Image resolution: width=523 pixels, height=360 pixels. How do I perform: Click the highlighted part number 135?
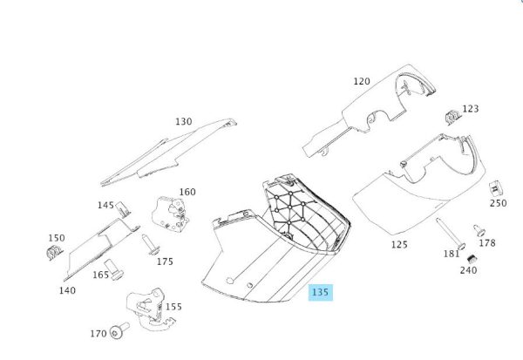point(320,292)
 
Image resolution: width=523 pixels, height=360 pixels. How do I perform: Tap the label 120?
point(362,81)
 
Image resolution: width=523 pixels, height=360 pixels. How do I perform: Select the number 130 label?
point(184,122)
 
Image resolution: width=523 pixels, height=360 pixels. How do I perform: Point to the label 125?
point(399,245)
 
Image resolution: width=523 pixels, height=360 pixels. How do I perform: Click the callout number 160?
point(187,192)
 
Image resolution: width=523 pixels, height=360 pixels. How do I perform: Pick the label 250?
point(499,203)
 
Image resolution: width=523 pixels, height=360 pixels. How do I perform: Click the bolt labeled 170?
point(119,330)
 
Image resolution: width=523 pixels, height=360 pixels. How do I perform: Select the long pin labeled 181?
point(449,234)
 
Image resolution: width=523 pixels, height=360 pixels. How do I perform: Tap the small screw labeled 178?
point(479,230)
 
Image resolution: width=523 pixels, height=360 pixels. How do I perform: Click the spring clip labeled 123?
point(453,117)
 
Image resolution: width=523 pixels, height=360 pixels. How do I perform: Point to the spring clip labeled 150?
point(54,252)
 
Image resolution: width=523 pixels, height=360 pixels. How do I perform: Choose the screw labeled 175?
point(151,245)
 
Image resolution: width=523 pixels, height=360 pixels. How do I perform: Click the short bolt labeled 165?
point(113,270)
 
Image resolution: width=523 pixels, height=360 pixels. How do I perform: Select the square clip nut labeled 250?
point(496,188)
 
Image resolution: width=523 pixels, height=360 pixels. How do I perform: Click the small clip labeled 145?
point(122,210)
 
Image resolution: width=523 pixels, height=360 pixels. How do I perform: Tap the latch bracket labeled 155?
point(150,310)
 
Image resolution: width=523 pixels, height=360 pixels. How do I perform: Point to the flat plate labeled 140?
point(100,249)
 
